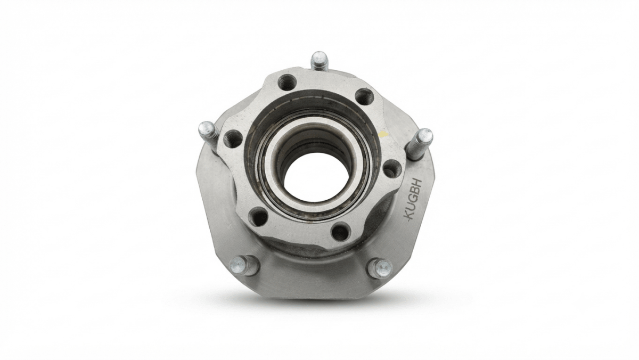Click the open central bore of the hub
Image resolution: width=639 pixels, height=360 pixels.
tap(316, 175)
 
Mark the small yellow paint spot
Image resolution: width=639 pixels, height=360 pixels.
tap(383, 135)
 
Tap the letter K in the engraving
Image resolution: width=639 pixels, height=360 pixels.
tap(411, 214)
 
